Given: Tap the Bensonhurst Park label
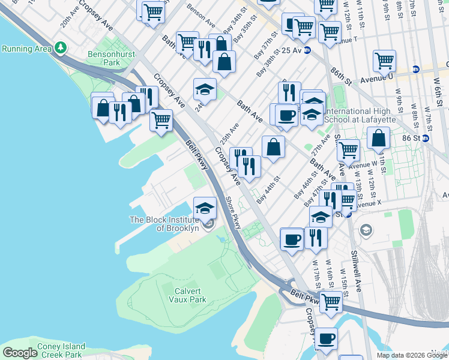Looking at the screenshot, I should click(x=104, y=58).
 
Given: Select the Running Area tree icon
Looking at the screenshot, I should click(x=60, y=47).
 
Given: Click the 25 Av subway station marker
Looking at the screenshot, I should click(x=307, y=50).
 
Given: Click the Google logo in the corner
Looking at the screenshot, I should click(x=20, y=353).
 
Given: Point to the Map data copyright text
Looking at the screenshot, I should click(x=412, y=355).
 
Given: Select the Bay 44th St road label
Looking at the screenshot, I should click(x=268, y=189).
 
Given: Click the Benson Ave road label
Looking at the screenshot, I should click(x=201, y=16).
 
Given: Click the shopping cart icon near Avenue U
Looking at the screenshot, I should click(x=384, y=60).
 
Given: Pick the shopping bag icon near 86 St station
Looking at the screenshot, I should click(x=379, y=139).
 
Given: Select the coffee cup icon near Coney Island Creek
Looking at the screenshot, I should click(x=327, y=338).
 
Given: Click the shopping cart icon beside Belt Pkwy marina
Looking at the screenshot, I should click(x=161, y=119).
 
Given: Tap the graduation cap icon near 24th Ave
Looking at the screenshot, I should click(x=205, y=89).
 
